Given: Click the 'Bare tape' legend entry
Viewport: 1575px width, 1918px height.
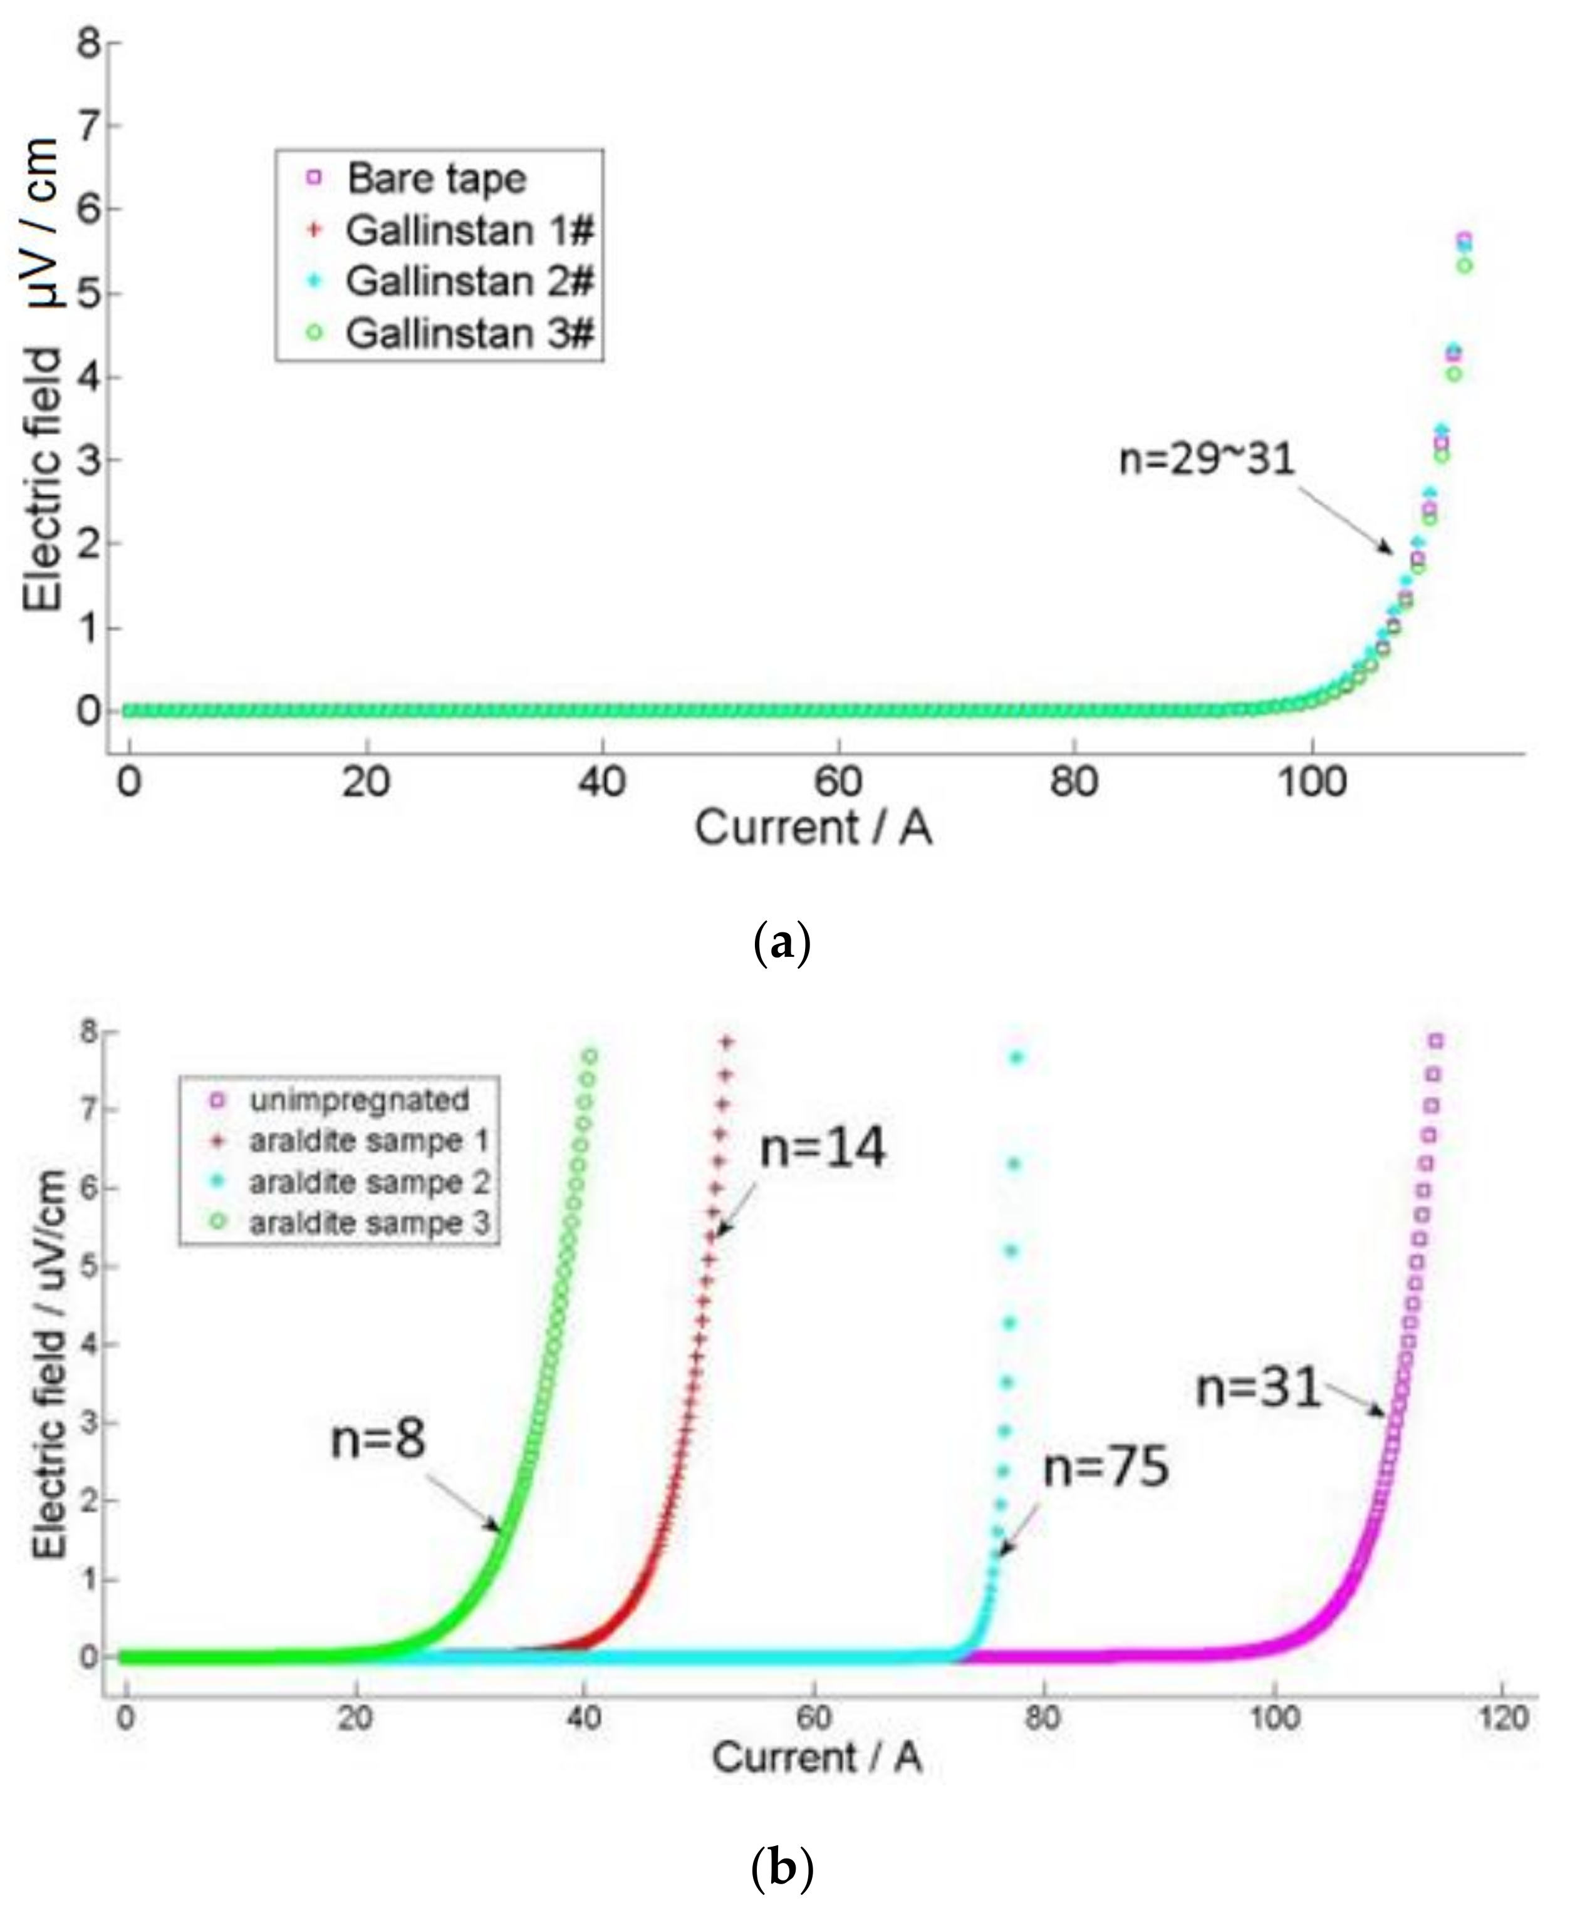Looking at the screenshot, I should pos(435,178).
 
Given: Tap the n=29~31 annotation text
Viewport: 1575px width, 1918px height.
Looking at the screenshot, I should pos(1206,460).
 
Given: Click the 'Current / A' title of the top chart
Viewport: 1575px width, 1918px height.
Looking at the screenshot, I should pos(813,828).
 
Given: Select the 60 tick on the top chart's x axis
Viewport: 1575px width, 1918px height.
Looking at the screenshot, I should pos(838,781).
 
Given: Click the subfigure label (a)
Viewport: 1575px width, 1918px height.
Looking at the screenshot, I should pos(781,944).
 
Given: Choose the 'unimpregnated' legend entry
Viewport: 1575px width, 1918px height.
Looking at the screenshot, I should pos(359,1100).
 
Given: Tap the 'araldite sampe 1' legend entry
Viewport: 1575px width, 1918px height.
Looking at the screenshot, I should pos(369,1141).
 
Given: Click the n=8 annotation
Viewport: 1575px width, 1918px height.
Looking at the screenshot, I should pos(377,1439).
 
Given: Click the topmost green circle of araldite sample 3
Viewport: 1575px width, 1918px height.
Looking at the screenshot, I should pos(590,1056).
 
